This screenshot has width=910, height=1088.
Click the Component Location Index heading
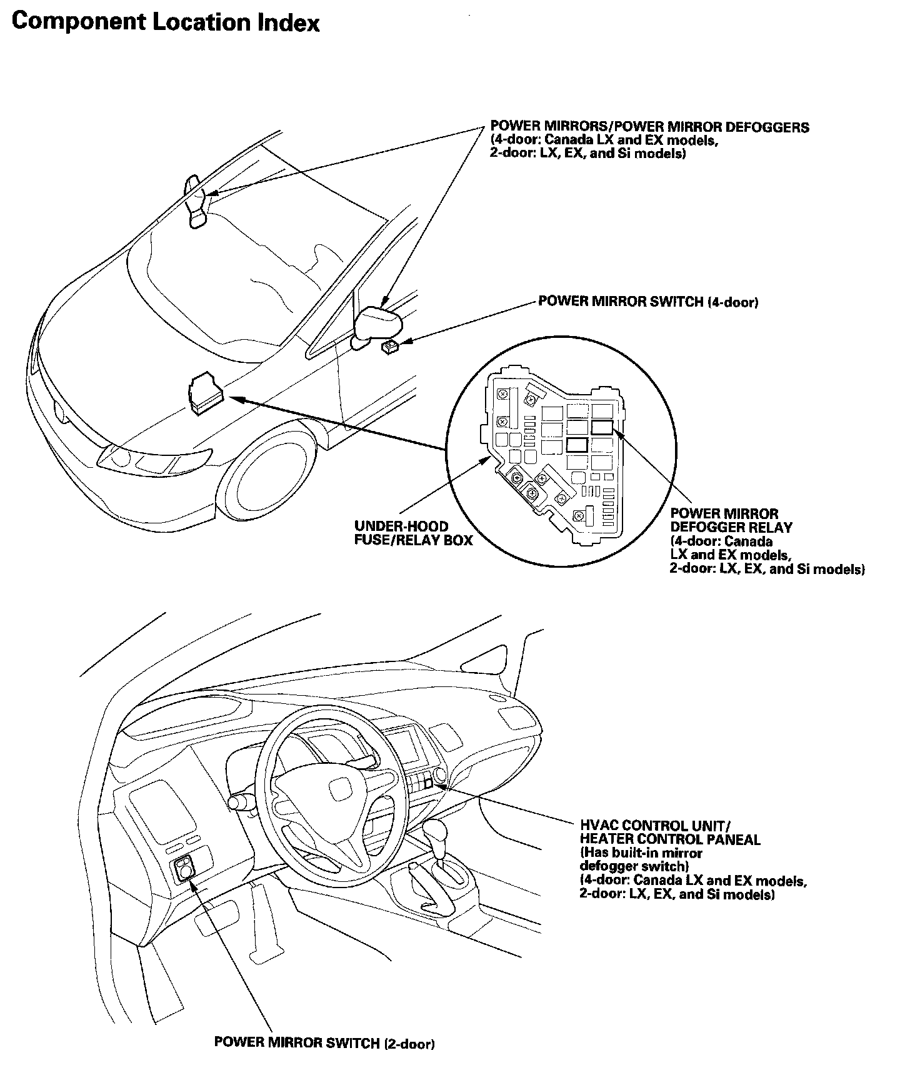pos(166,22)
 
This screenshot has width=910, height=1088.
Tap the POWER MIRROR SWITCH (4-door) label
pos(648,302)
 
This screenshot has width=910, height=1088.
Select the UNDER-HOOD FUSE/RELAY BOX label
pos(413,533)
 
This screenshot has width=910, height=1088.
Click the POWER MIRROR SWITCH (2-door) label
pos(324,1043)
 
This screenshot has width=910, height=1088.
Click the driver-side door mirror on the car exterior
pos(377,322)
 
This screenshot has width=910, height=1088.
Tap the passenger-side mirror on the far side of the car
pos(196,201)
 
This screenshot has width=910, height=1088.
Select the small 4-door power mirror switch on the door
pos(391,346)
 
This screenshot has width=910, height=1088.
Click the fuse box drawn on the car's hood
pos(204,393)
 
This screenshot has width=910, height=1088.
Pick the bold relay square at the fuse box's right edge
pos(602,427)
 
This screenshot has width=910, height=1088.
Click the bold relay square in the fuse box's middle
pos(576,445)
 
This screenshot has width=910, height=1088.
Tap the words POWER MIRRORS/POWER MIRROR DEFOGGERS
pos(649,127)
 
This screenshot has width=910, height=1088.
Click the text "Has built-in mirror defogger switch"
pos(641,859)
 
